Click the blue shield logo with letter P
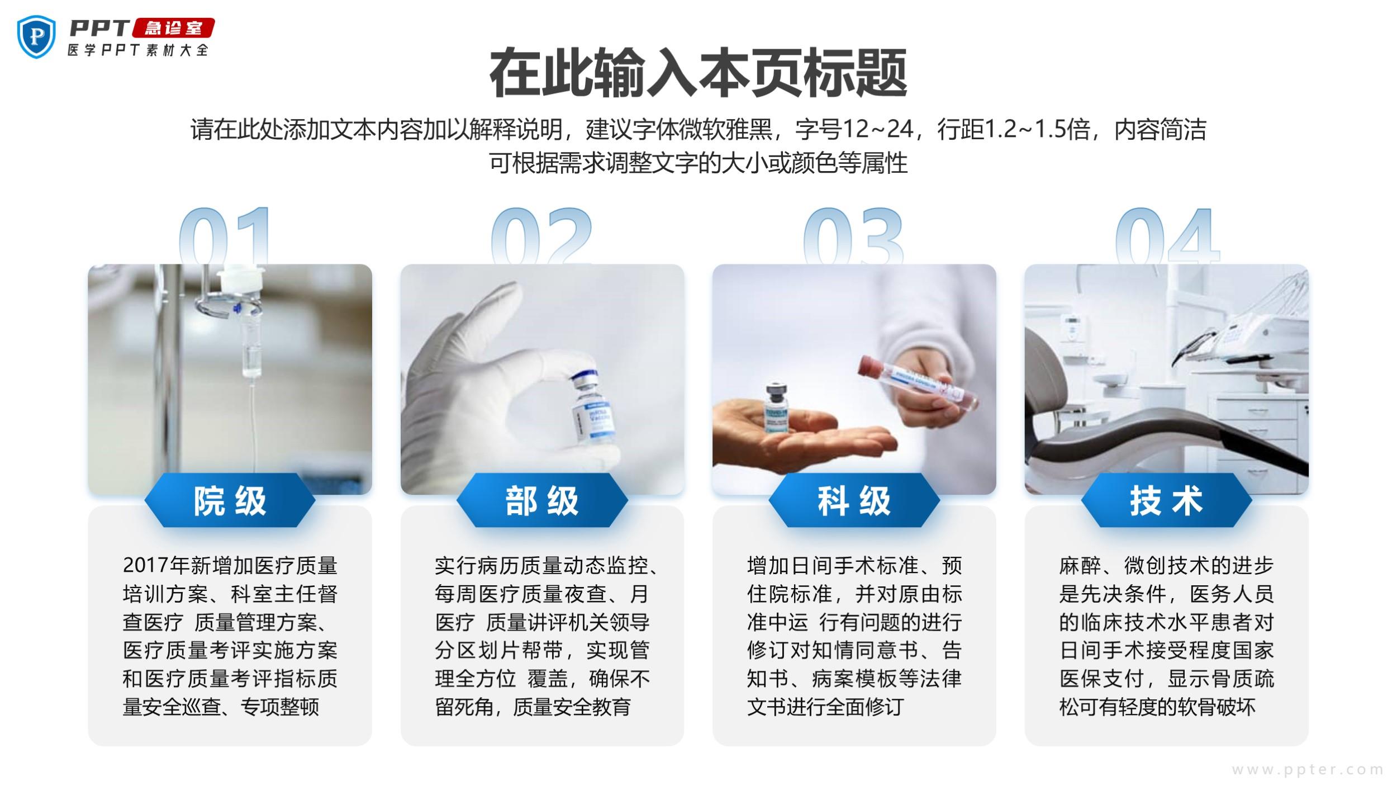[x=37, y=37]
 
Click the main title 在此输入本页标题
[x=698, y=73]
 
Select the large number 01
[x=225, y=235]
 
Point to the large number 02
[x=541, y=235]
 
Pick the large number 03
[x=853, y=235]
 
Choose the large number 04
[x=1167, y=235]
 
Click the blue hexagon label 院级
[x=230, y=500]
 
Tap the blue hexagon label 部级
[x=542, y=500]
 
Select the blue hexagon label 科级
[x=854, y=500]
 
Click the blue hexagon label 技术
[x=1166, y=500]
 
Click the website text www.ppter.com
[x=1308, y=770]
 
